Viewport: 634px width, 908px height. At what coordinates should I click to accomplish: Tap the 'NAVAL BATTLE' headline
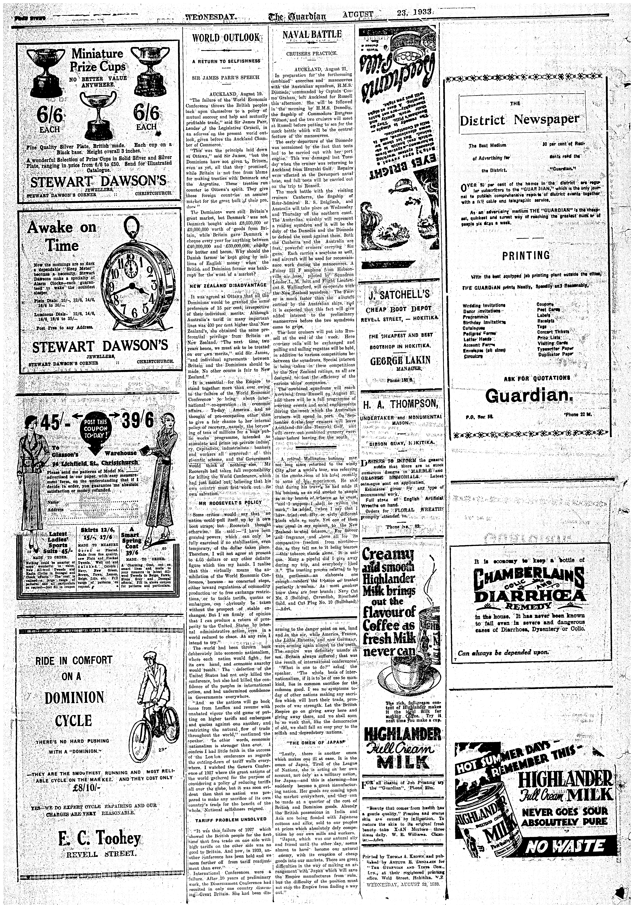tap(312, 35)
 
